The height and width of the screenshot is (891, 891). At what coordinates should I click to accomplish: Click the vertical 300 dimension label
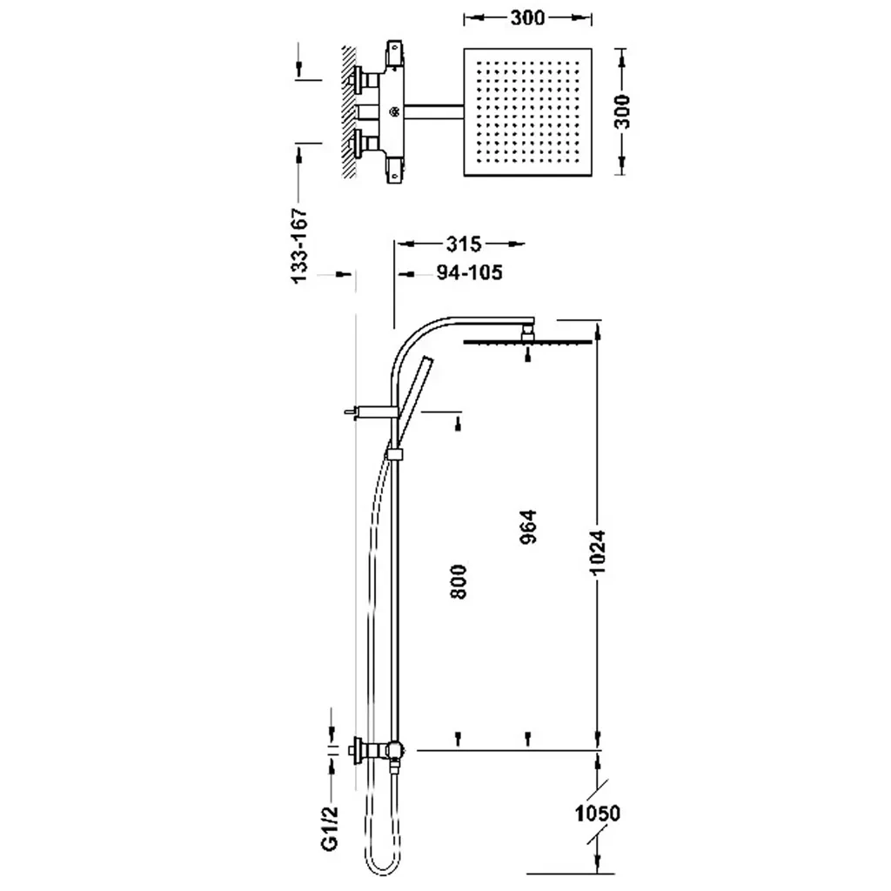pyautogui.click(x=623, y=111)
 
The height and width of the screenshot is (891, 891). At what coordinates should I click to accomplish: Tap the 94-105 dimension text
pyautogui.click(x=468, y=273)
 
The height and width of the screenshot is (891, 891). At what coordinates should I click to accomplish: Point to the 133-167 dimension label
pyautogui.click(x=298, y=245)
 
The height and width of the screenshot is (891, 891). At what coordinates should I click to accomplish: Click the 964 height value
pyautogui.click(x=528, y=526)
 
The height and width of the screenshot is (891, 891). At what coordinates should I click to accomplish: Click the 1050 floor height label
pyautogui.click(x=597, y=814)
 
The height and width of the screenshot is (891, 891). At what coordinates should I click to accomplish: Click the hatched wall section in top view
pyautogui.click(x=349, y=111)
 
